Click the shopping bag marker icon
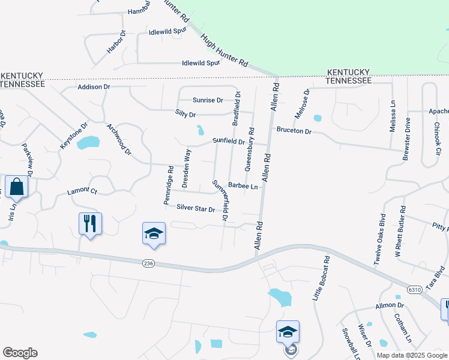point(16,187)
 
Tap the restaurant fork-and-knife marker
point(90,224)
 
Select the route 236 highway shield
point(149,263)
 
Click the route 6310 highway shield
point(414,289)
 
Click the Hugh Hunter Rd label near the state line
point(224,50)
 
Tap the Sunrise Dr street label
point(208,100)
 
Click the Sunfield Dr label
point(229,142)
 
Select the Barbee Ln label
point(243,187)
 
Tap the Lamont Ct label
point(82,191)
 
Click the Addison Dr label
point(94,87)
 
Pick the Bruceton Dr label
point(294,130)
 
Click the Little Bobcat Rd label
point(322,278)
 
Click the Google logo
point(20,353)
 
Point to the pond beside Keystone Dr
point(88,143)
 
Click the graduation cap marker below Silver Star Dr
point(154,233)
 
